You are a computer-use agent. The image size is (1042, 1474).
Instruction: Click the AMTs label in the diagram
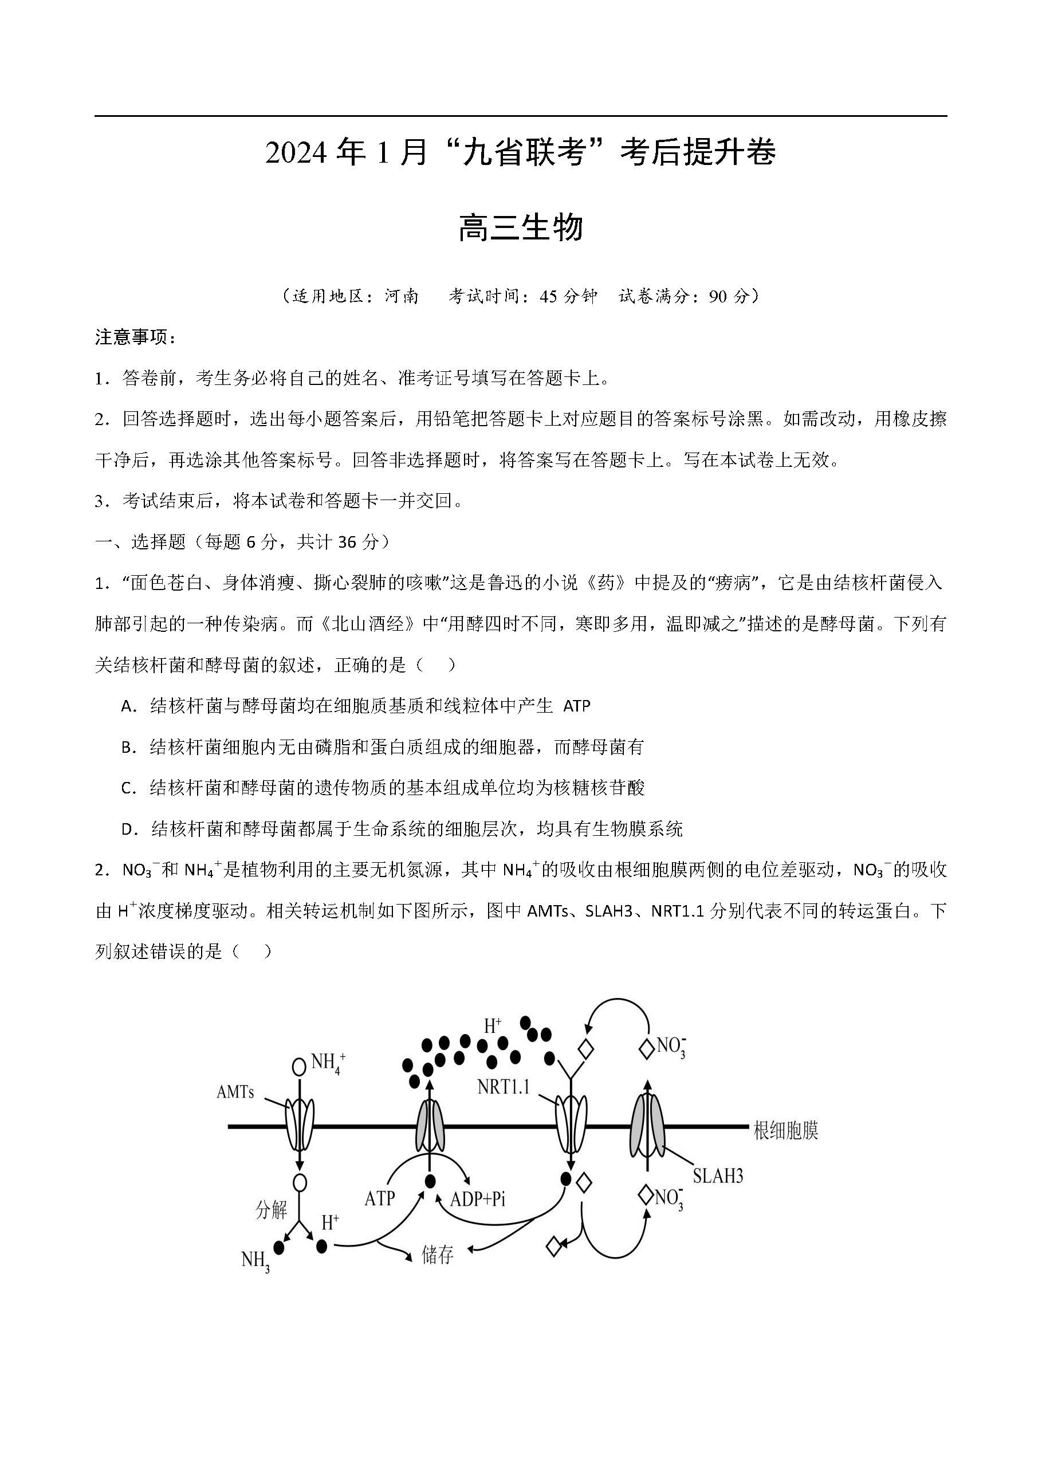pyautogui.click(x=235, y=1092)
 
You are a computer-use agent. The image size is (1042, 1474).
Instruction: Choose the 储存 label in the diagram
pyautogui.click(x=437, y=1255)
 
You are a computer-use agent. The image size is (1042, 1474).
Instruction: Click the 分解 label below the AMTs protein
pyautogui.click(x=271, y=1209)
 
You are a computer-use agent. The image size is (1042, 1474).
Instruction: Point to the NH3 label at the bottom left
pyautogui.click(x=255, y=1260)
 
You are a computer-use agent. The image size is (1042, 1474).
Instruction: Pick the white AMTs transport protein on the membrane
pyautogui.click(x=299, y=1125)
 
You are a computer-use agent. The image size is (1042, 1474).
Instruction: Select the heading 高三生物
pyautogui.click(x=521, y=228)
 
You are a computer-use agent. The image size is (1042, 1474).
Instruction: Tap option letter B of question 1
pyautogui.click(x=127, y=747)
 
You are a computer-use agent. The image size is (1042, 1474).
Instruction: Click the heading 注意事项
pyautogui.click(x=132, y=337)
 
